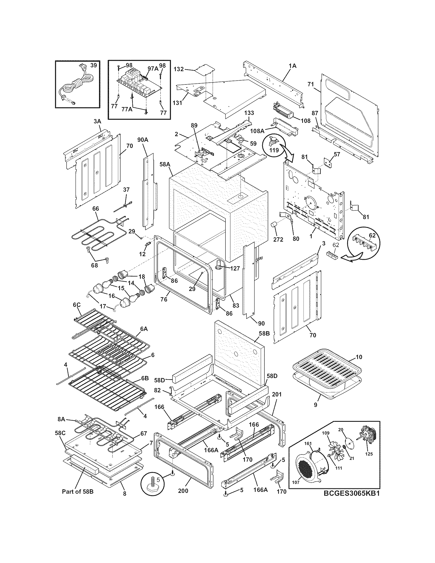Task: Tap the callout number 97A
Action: tap(153, 68)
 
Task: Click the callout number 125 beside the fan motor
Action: tap(369, 461)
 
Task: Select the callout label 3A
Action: tap(97, 121)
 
